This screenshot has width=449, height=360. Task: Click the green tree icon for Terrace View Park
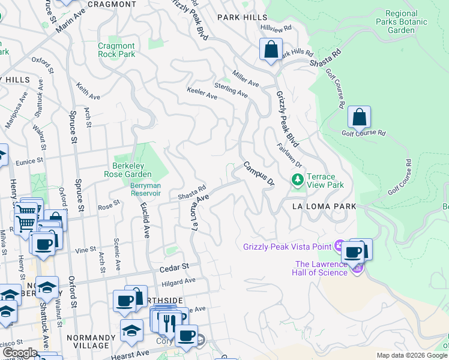tap(297, 180)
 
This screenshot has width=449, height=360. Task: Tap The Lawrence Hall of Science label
tap(330, 268)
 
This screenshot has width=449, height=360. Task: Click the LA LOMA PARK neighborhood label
tap(324, 206)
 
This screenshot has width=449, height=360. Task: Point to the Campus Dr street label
tap(259, 173)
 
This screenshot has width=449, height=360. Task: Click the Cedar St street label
tap(175, 266)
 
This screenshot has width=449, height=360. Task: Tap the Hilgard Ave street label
tap(178, 281)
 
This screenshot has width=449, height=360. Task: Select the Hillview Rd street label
tap(276, 28)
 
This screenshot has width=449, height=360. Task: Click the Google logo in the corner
tap(19, 352)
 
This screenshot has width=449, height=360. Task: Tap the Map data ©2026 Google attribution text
tap(412, 355)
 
